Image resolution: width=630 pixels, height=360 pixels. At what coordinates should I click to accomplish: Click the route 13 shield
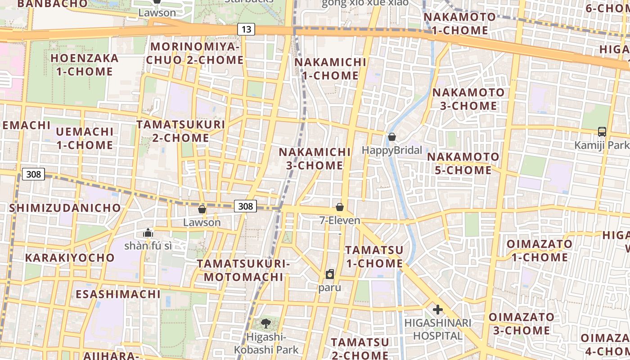(246, 30)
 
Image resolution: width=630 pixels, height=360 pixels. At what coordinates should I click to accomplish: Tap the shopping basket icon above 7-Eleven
(340, 207)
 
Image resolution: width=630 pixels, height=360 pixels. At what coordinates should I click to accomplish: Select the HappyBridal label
(392, 150)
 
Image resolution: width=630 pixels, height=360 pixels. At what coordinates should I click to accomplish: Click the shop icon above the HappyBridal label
(392, 137)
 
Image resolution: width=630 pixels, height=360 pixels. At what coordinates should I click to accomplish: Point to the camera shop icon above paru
(330, 274)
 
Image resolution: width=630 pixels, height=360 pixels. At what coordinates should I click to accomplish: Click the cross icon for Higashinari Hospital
(437, 310)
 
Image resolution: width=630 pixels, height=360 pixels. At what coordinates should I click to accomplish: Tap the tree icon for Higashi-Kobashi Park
(266, 323)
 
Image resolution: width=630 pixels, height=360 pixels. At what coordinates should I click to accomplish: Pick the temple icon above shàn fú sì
(148, 233)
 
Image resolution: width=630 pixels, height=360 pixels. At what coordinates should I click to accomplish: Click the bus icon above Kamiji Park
(602, 132)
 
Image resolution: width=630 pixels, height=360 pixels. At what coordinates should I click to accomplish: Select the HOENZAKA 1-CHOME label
(85, 65)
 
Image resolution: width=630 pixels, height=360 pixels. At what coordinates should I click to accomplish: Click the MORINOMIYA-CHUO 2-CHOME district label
(197, 54)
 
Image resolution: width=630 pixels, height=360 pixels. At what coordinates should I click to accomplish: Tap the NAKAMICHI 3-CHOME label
(315, 159)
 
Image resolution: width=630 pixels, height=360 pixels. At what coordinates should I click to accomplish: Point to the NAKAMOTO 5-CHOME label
(463, 164)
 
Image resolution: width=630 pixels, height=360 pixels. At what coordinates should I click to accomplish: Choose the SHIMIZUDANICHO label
(65, 208)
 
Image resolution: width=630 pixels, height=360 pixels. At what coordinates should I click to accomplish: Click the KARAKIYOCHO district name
(70, 258)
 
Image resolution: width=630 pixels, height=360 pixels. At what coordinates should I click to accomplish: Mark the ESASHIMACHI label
(118, 294)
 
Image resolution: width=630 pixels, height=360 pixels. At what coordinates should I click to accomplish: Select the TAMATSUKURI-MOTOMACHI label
(243, 270)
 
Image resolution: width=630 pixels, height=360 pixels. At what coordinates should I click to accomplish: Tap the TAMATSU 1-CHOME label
(374, 256)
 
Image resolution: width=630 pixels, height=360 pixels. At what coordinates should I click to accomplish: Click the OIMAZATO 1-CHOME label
(540, 251)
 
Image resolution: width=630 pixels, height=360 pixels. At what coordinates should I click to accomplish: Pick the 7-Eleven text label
(340, 220)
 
